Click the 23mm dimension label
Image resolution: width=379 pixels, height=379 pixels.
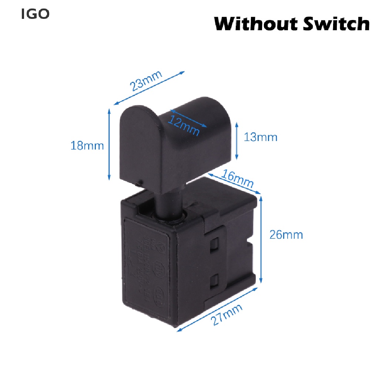tap(147, 81)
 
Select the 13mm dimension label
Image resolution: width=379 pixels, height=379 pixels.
tap(261, 137)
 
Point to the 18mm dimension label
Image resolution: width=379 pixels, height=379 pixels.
tap(87, 145)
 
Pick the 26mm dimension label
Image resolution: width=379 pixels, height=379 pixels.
tap(286, 235)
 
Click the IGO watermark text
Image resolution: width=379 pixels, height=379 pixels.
tap(36, 14)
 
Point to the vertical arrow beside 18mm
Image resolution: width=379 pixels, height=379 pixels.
tap(109, 145)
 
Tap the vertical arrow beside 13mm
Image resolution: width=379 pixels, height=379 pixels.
tap(236, 141)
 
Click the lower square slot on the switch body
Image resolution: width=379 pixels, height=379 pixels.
tap(214, 283)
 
